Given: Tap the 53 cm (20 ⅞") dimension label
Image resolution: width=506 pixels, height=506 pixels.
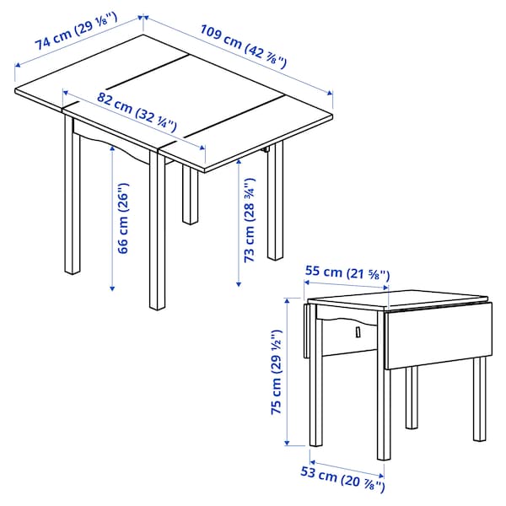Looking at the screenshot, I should [x=341, y=476].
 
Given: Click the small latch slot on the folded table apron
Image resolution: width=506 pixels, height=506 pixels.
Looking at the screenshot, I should [x=358, y=332].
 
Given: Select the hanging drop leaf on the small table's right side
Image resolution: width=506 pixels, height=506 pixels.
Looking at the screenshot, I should [x=436, y=333].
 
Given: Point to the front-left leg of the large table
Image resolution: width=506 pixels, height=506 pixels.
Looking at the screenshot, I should [x=72, y=202].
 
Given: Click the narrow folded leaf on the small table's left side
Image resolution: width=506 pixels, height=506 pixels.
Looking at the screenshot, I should [x=304, y=330].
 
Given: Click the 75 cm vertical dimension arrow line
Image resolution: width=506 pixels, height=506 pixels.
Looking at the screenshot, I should [x=287, y=371].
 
